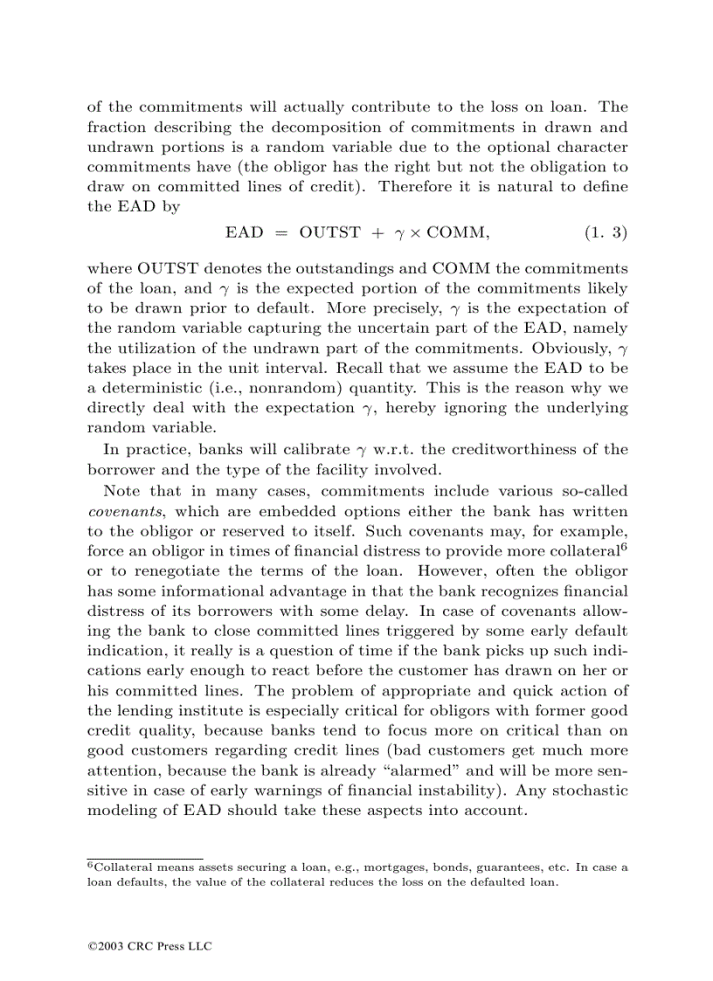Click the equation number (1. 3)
click(606, 232)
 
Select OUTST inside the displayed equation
click(329, 232)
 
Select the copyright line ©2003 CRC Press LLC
click(149, 946)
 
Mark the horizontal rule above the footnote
click(145, 858)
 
